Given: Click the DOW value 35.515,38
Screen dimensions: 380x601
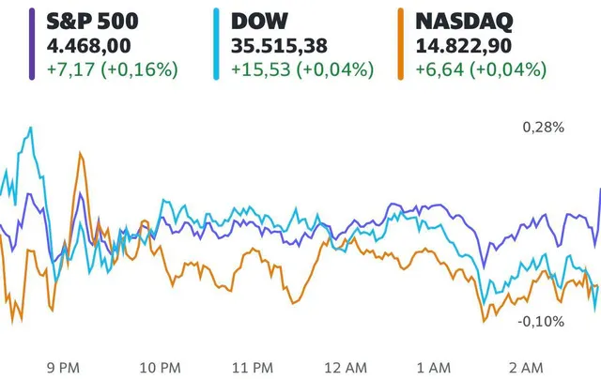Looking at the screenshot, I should pyautogui.click(x=281, y=45).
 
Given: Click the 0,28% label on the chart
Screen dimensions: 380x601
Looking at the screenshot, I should pyautogui.click(x=544, y=128).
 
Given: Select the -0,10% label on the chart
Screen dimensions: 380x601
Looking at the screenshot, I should pyautogui.click(x=542, y=322).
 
